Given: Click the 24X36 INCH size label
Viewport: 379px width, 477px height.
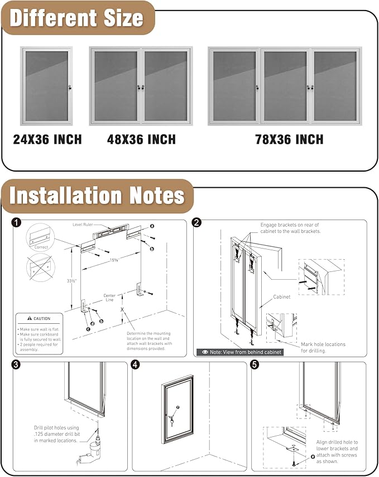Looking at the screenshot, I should pyautogui.click(x=47, y=139).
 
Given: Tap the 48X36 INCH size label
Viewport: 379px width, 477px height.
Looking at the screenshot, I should pyautogui.click(x=141, y=139).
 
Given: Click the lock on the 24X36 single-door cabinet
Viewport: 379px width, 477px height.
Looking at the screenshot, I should pyautogui.click(x=70, y=87).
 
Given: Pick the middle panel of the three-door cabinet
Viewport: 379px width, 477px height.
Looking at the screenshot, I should pyautogui.click(x=285, y=86).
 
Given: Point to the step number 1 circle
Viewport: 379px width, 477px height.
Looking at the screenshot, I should pyautogui.click(x=17, y=223).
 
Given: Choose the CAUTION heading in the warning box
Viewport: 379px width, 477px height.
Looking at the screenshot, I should pyautogui.click(x=41, y=319).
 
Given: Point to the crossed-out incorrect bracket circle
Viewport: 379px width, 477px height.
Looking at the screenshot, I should pyautogui.click(x=40, y=267).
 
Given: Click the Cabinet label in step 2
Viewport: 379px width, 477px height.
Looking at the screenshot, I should pyautogui.click(x=282, y=297).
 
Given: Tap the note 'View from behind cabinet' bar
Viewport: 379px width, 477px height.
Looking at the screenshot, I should pyautogui.click(x=239, y=352).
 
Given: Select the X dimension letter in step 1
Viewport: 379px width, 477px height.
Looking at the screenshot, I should pyautogui.click(x=122, y=309).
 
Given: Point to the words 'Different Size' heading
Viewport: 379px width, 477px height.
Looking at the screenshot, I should pyautogui.click(x=77, y=18).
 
